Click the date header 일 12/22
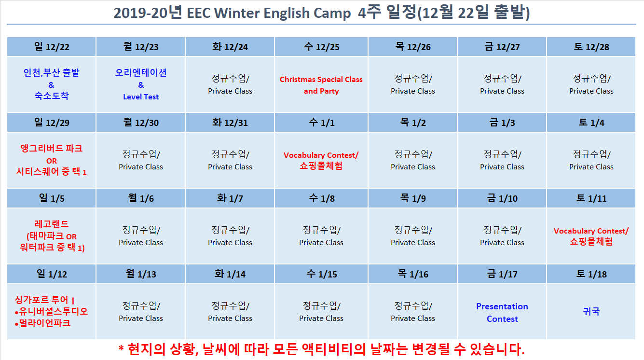52,47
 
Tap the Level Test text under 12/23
141,97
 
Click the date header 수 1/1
321,123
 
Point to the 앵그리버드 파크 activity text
52,148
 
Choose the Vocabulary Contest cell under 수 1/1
321,160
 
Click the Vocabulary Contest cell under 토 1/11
591,236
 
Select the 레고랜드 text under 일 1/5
52,224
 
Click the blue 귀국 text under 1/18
591,311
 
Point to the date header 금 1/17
502,274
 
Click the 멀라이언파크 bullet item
42,323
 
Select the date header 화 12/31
230,123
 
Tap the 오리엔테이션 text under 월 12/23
141,72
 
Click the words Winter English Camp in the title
283,13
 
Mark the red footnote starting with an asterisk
321,349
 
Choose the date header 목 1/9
413,198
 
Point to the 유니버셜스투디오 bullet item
51,311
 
